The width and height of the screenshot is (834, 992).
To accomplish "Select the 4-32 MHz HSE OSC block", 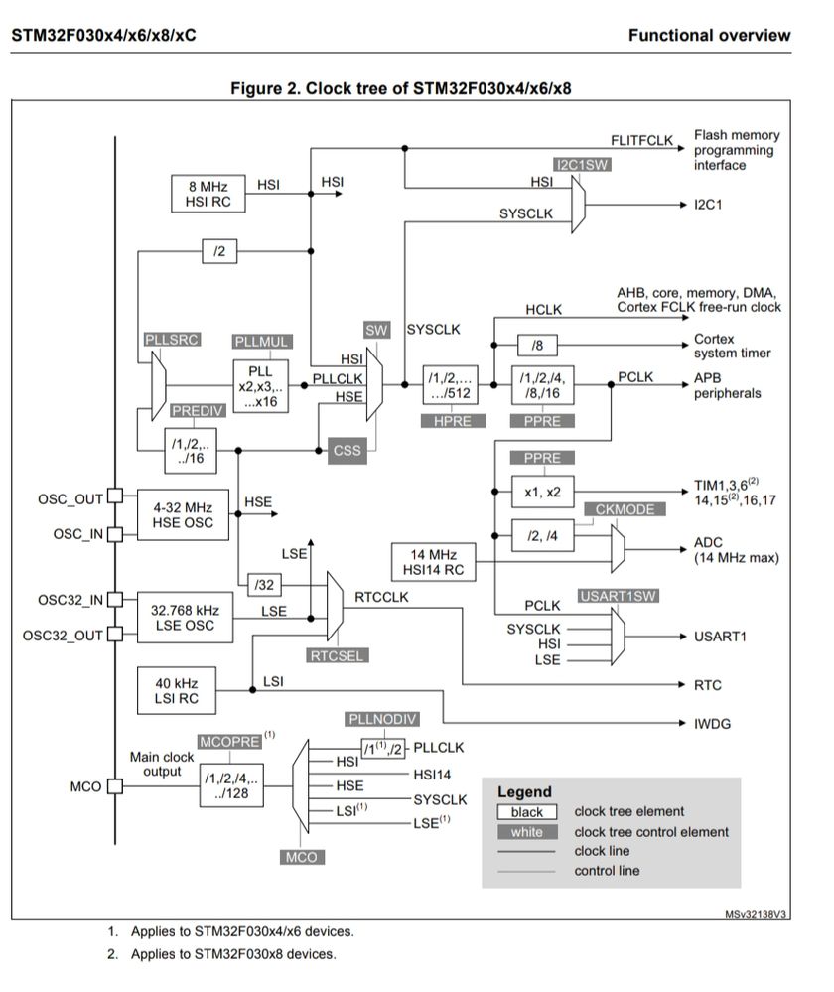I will click(x=184, y=515).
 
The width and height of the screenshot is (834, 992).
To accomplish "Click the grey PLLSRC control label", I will click(x=172, y=339).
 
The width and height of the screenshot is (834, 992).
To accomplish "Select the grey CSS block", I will click(x=347, y=450).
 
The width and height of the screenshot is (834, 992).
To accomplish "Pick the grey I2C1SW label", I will click(x=582, y=165).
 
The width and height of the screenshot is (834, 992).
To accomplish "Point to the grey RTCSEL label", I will click(x=335, y=655).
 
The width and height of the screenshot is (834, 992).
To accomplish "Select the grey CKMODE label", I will click(x=625, y=509).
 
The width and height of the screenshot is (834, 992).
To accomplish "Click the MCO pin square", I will click(x=114, y=787).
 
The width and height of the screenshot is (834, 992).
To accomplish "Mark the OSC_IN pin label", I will click(x=77, y=534).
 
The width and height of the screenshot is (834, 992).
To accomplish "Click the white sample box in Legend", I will click(x=526, y=832).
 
